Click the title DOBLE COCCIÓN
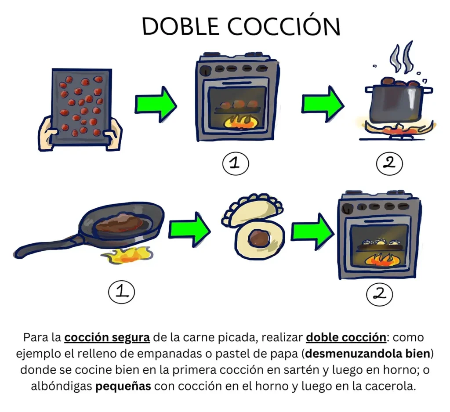click(241, 27)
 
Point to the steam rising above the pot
click(402, 57)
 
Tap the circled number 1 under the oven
click(235, 163)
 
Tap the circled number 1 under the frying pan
click(121, 292)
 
